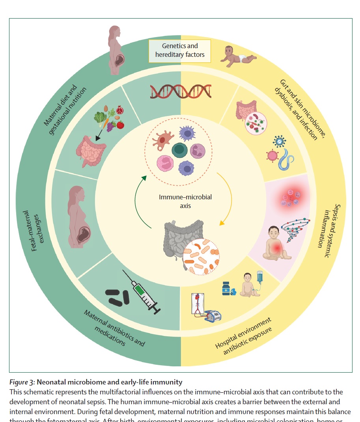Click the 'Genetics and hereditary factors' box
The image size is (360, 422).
coord(180,51)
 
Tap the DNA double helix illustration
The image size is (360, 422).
coord(180,91)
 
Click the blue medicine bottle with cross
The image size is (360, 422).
coord(226,288)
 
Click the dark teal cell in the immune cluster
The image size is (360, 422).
coord(180,150)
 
